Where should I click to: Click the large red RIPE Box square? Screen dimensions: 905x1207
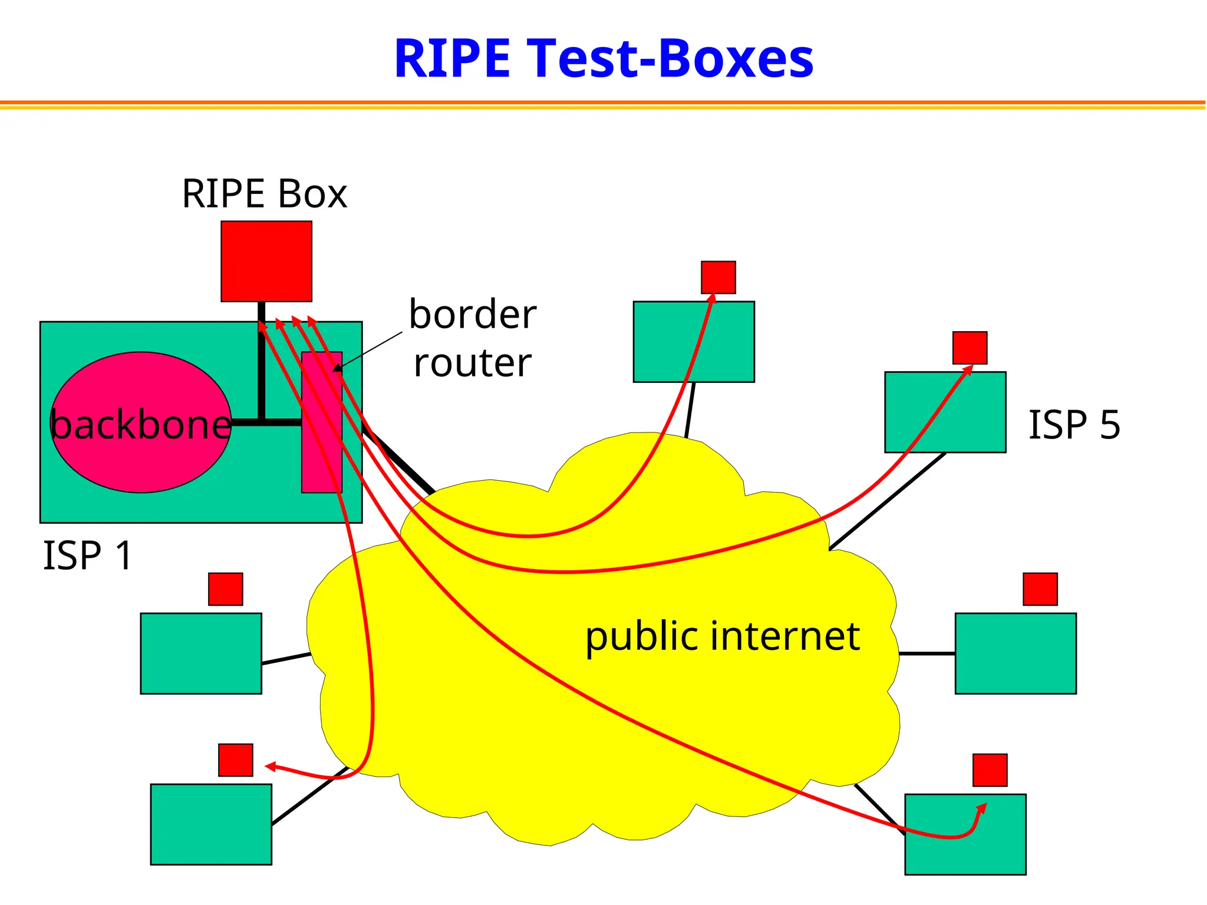pos(266,261)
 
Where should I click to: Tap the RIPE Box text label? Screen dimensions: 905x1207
pos(264,194)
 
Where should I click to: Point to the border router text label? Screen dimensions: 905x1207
pos(473,338)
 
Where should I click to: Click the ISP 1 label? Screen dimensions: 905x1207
pos(87,555)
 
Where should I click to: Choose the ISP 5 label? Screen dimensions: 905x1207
pos(1074,424)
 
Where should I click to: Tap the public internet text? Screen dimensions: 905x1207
pos(722,636)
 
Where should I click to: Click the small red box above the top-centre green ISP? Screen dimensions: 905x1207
pos(718,277)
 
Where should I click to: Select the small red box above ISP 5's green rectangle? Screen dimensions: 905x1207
pos(969,348)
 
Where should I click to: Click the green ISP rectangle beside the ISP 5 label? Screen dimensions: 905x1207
pos(945,412)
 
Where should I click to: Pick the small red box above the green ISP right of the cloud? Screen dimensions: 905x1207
pos(1040,589)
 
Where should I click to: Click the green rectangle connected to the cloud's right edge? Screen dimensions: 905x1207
pos(1015,653)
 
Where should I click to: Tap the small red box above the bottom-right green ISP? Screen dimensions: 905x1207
pos(990,769)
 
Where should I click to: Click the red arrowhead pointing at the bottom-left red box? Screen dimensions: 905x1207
pos(271,766)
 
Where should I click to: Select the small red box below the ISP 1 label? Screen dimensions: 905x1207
pos(225,589)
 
